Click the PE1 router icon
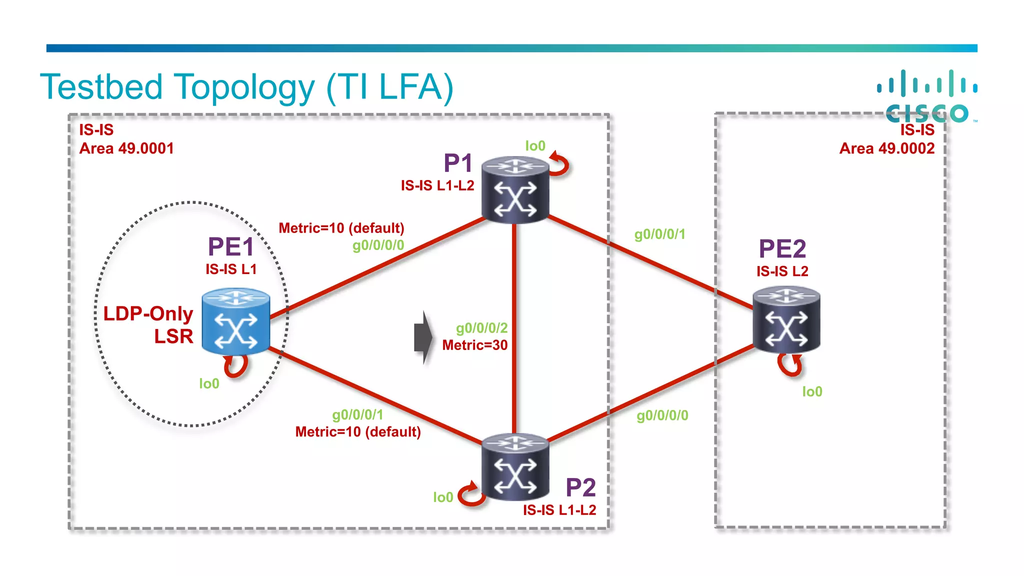click(236, 321)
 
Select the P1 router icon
click(515, 189)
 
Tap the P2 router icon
click(515, 467)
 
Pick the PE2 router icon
click(786, 319)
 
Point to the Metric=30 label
click(474, 345)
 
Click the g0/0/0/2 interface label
click(481, 328)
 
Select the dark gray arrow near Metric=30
click(423, 337)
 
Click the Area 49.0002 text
click(886, 148)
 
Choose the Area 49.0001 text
click(126, 148)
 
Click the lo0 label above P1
click(535, 146)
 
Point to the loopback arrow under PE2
click(790, 365)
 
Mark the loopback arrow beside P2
click(471, 495)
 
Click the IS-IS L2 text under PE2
click(782, 271)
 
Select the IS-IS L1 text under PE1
click(231, 269)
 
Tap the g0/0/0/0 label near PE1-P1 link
click(378, 245)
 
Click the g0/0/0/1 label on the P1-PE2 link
click(659, 234)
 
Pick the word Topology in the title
click(245, 87)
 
